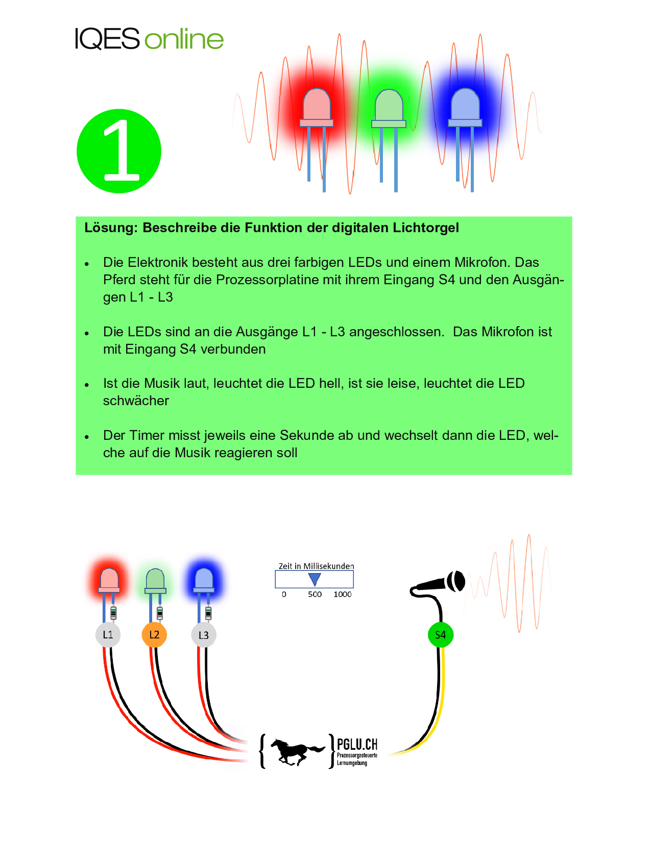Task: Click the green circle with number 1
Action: (119, 151)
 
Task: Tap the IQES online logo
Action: (149, 39)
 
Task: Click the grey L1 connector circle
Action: (108, 635)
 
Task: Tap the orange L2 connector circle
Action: (154, 635)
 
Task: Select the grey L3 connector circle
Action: (204, 635)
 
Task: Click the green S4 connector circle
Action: (440, 635)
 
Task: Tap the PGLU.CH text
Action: (357, 745)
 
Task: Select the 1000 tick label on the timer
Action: (343, 595)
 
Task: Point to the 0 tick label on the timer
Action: (284, 595)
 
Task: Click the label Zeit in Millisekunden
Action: (316, 566)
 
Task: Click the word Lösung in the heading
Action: (111, 228)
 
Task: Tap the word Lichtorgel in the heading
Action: (426, 228)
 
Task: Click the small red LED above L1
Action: (109, 581)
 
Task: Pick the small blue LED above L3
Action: (204, 581)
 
